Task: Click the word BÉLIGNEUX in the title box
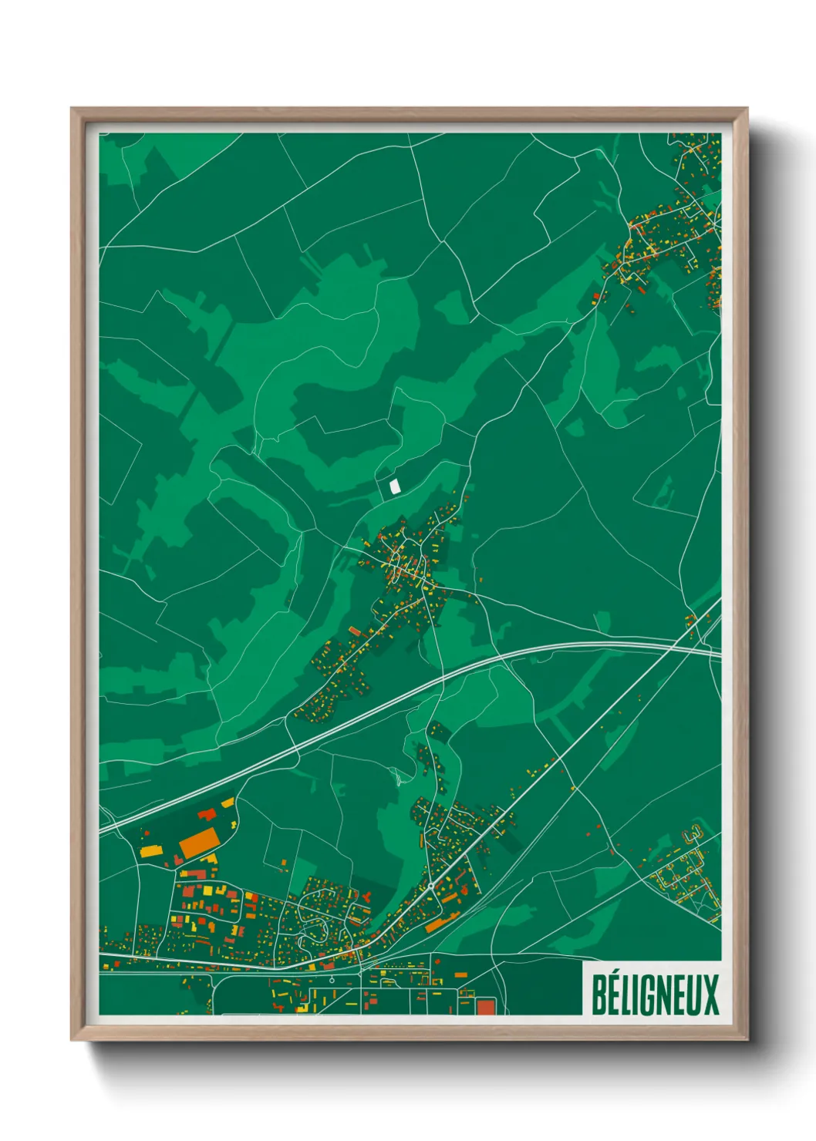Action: click(x=655, y=995)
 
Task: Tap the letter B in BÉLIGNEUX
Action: click(x=599, y=995)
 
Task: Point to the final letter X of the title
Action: click(x=711, y=995)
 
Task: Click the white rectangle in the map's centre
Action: click(x=394, y=486)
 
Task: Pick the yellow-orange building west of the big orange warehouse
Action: click(x=150, y=851)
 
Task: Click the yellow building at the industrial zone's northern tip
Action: click(x=228, y=803)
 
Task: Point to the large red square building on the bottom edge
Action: click(x=484, y=1006)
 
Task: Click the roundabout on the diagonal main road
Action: click(x=430, y=887)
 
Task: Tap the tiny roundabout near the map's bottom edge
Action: click(x=332, y=980)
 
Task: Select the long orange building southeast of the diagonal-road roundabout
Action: click(x=442, y=923)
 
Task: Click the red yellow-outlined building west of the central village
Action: click(x=354, y=631)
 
